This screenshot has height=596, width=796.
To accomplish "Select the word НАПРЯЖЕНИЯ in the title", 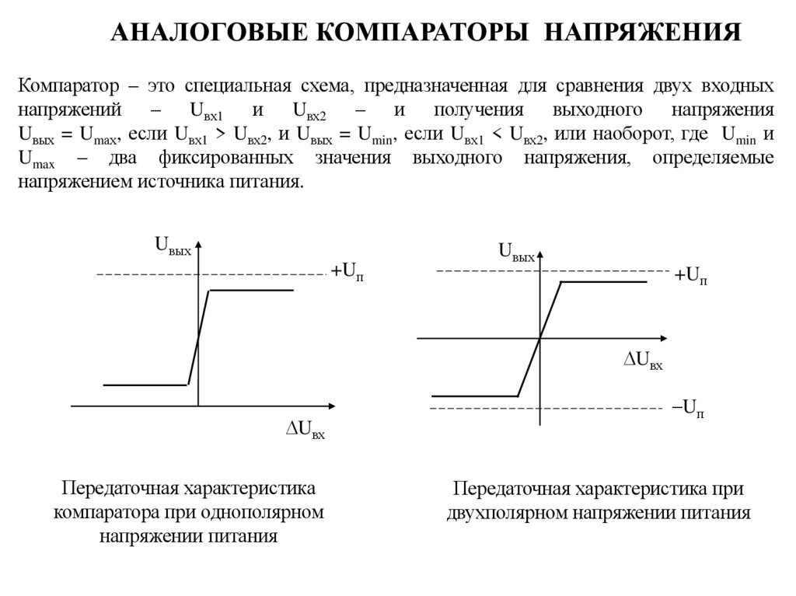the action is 641,33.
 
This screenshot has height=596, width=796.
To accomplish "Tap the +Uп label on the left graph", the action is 347,271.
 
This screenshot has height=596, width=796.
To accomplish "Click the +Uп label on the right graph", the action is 690,275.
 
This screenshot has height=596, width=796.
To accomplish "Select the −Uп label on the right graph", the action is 688,408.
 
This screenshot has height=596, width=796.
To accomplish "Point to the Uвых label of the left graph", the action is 173,248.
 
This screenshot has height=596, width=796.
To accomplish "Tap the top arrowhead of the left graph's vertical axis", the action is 198,246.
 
